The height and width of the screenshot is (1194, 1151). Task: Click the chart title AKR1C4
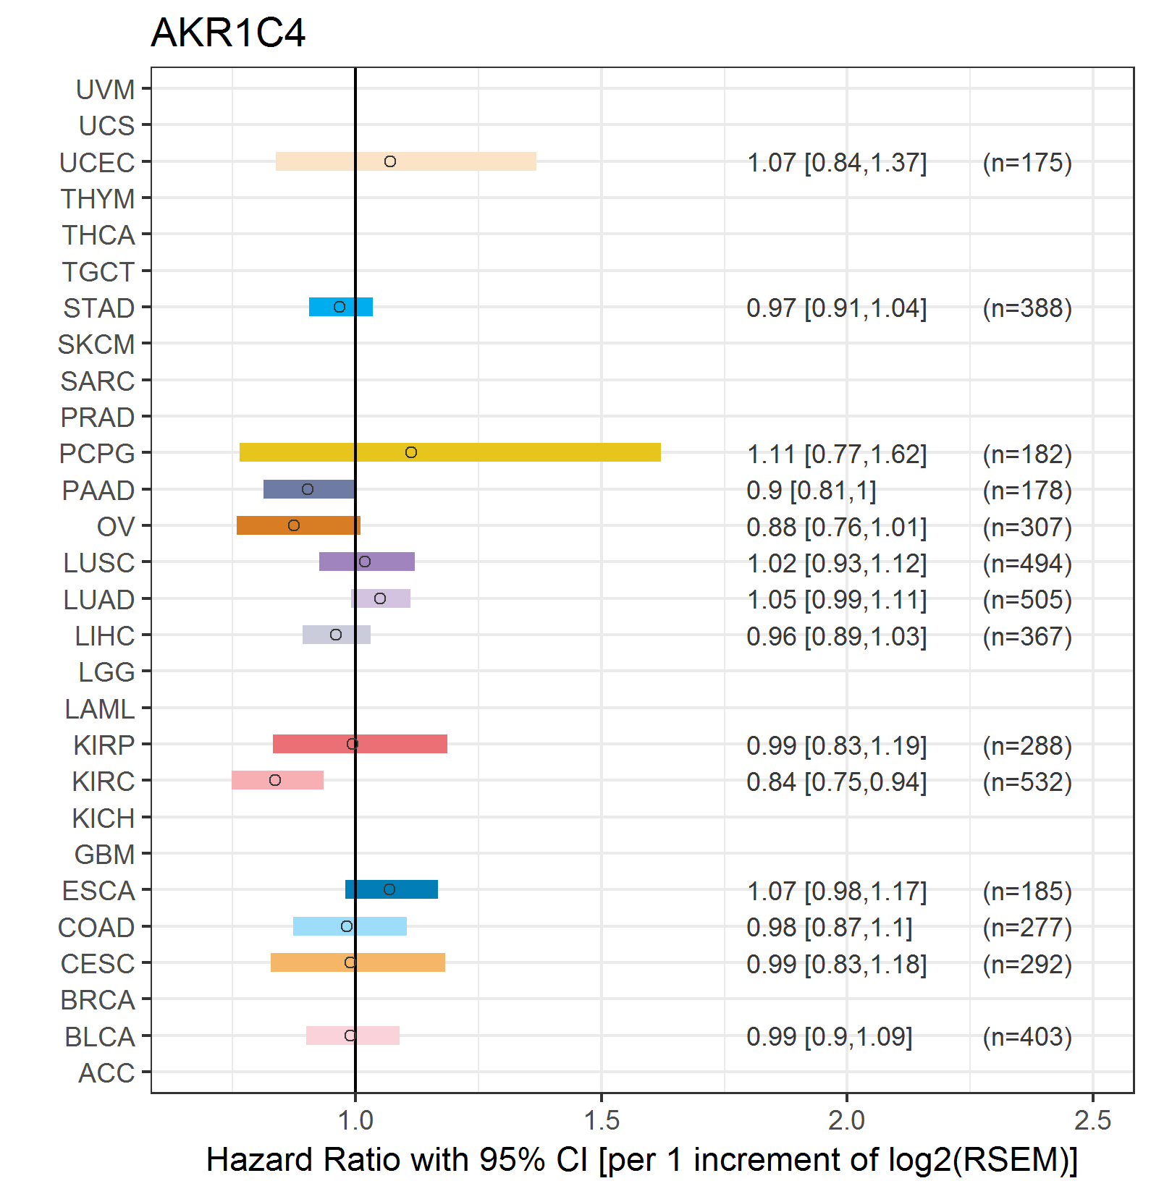pyautogui.click(x=228, y=33)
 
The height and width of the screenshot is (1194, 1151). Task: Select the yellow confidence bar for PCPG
pyautogui.click(x=450, y=452)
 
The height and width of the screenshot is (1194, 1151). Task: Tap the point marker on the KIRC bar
pyautogui.click(x=275, y=780)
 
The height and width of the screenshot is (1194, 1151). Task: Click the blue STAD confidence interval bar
pyautogui.click(x=341, y=307)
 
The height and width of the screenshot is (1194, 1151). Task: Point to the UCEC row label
pyautogui.click(x=97, y=163)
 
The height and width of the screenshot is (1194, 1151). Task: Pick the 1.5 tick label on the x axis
pyautogui.click(x=601, y=1120)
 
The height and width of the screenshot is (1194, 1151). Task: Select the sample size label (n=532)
pyautogui.click(x=1027, y=782)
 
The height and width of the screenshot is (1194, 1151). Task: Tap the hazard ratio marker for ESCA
pyautogui.click(x=389, y=889)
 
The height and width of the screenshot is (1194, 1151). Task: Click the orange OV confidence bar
pyautogui.click(x=298, y=525)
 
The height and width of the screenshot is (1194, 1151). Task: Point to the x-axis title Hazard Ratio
pyautogui.click(x=641, y=1159)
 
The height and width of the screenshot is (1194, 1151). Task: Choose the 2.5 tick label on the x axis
pyautogui.click(x=1092, y=1120)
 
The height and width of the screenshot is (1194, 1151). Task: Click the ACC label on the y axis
pyautogui.click(x=106, y=1073)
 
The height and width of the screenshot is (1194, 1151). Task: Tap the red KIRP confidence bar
pyautogui.click(x=360, y=744)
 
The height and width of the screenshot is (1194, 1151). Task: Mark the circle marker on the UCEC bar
pyautogui.click(x=390, y=161)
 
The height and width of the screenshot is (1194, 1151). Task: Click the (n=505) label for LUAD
pyautogui.click(x=1027, y=600)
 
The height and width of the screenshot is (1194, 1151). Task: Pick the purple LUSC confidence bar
pyautogui.click(x=367, y=562)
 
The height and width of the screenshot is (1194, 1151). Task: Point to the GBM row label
pyautogui.click(x=105, y=855)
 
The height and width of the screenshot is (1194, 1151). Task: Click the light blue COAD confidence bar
pyautogui.click(x=350, y=926)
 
